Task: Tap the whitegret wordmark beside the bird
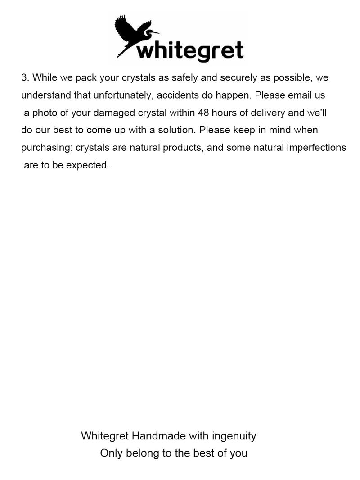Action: (x=190, y=50)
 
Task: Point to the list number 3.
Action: (x=25, y=77)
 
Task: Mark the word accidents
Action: (x=177, y=95)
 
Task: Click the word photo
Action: (x=45, y=113)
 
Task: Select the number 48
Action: (x=204, y=113)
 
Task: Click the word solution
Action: (x=176, y=130)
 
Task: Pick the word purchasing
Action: (x=47, y=148)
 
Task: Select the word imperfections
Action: (x=317, y=148)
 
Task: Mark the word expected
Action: (x=88, y=165)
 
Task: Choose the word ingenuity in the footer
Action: (x=234, y=436)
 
